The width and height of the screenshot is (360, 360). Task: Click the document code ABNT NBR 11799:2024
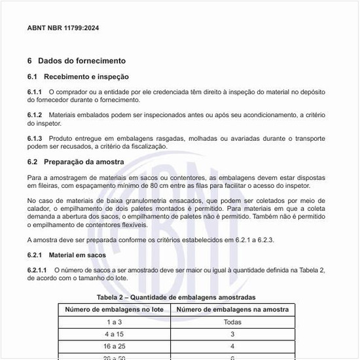tap(63, 29)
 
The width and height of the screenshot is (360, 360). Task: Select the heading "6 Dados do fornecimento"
tap(76, 61)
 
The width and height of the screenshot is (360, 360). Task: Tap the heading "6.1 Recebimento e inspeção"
tap(78, 77)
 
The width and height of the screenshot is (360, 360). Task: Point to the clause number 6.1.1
tap(35, 92)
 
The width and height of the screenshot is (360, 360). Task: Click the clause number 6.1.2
tap(35, 115)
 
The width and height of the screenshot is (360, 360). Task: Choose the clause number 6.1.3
tap(35, 139)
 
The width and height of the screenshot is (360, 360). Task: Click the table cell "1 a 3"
tap(115, 322)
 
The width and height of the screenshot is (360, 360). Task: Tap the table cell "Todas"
tap(232, 322)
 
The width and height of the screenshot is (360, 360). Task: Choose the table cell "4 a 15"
tap(115, 334)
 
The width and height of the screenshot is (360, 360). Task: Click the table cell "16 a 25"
tap(115, 346)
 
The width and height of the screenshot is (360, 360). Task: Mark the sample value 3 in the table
tap(232, 334)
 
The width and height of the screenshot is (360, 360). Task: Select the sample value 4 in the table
tap(232, 346)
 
